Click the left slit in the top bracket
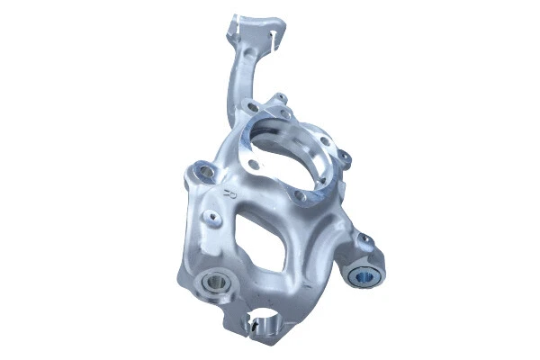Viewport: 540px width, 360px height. (x=237, y=26)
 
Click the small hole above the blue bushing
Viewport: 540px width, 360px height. (x=364, y=238)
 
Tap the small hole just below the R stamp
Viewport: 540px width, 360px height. (x=212, y=215)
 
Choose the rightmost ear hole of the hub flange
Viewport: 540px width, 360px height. (x=346, y=159)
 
